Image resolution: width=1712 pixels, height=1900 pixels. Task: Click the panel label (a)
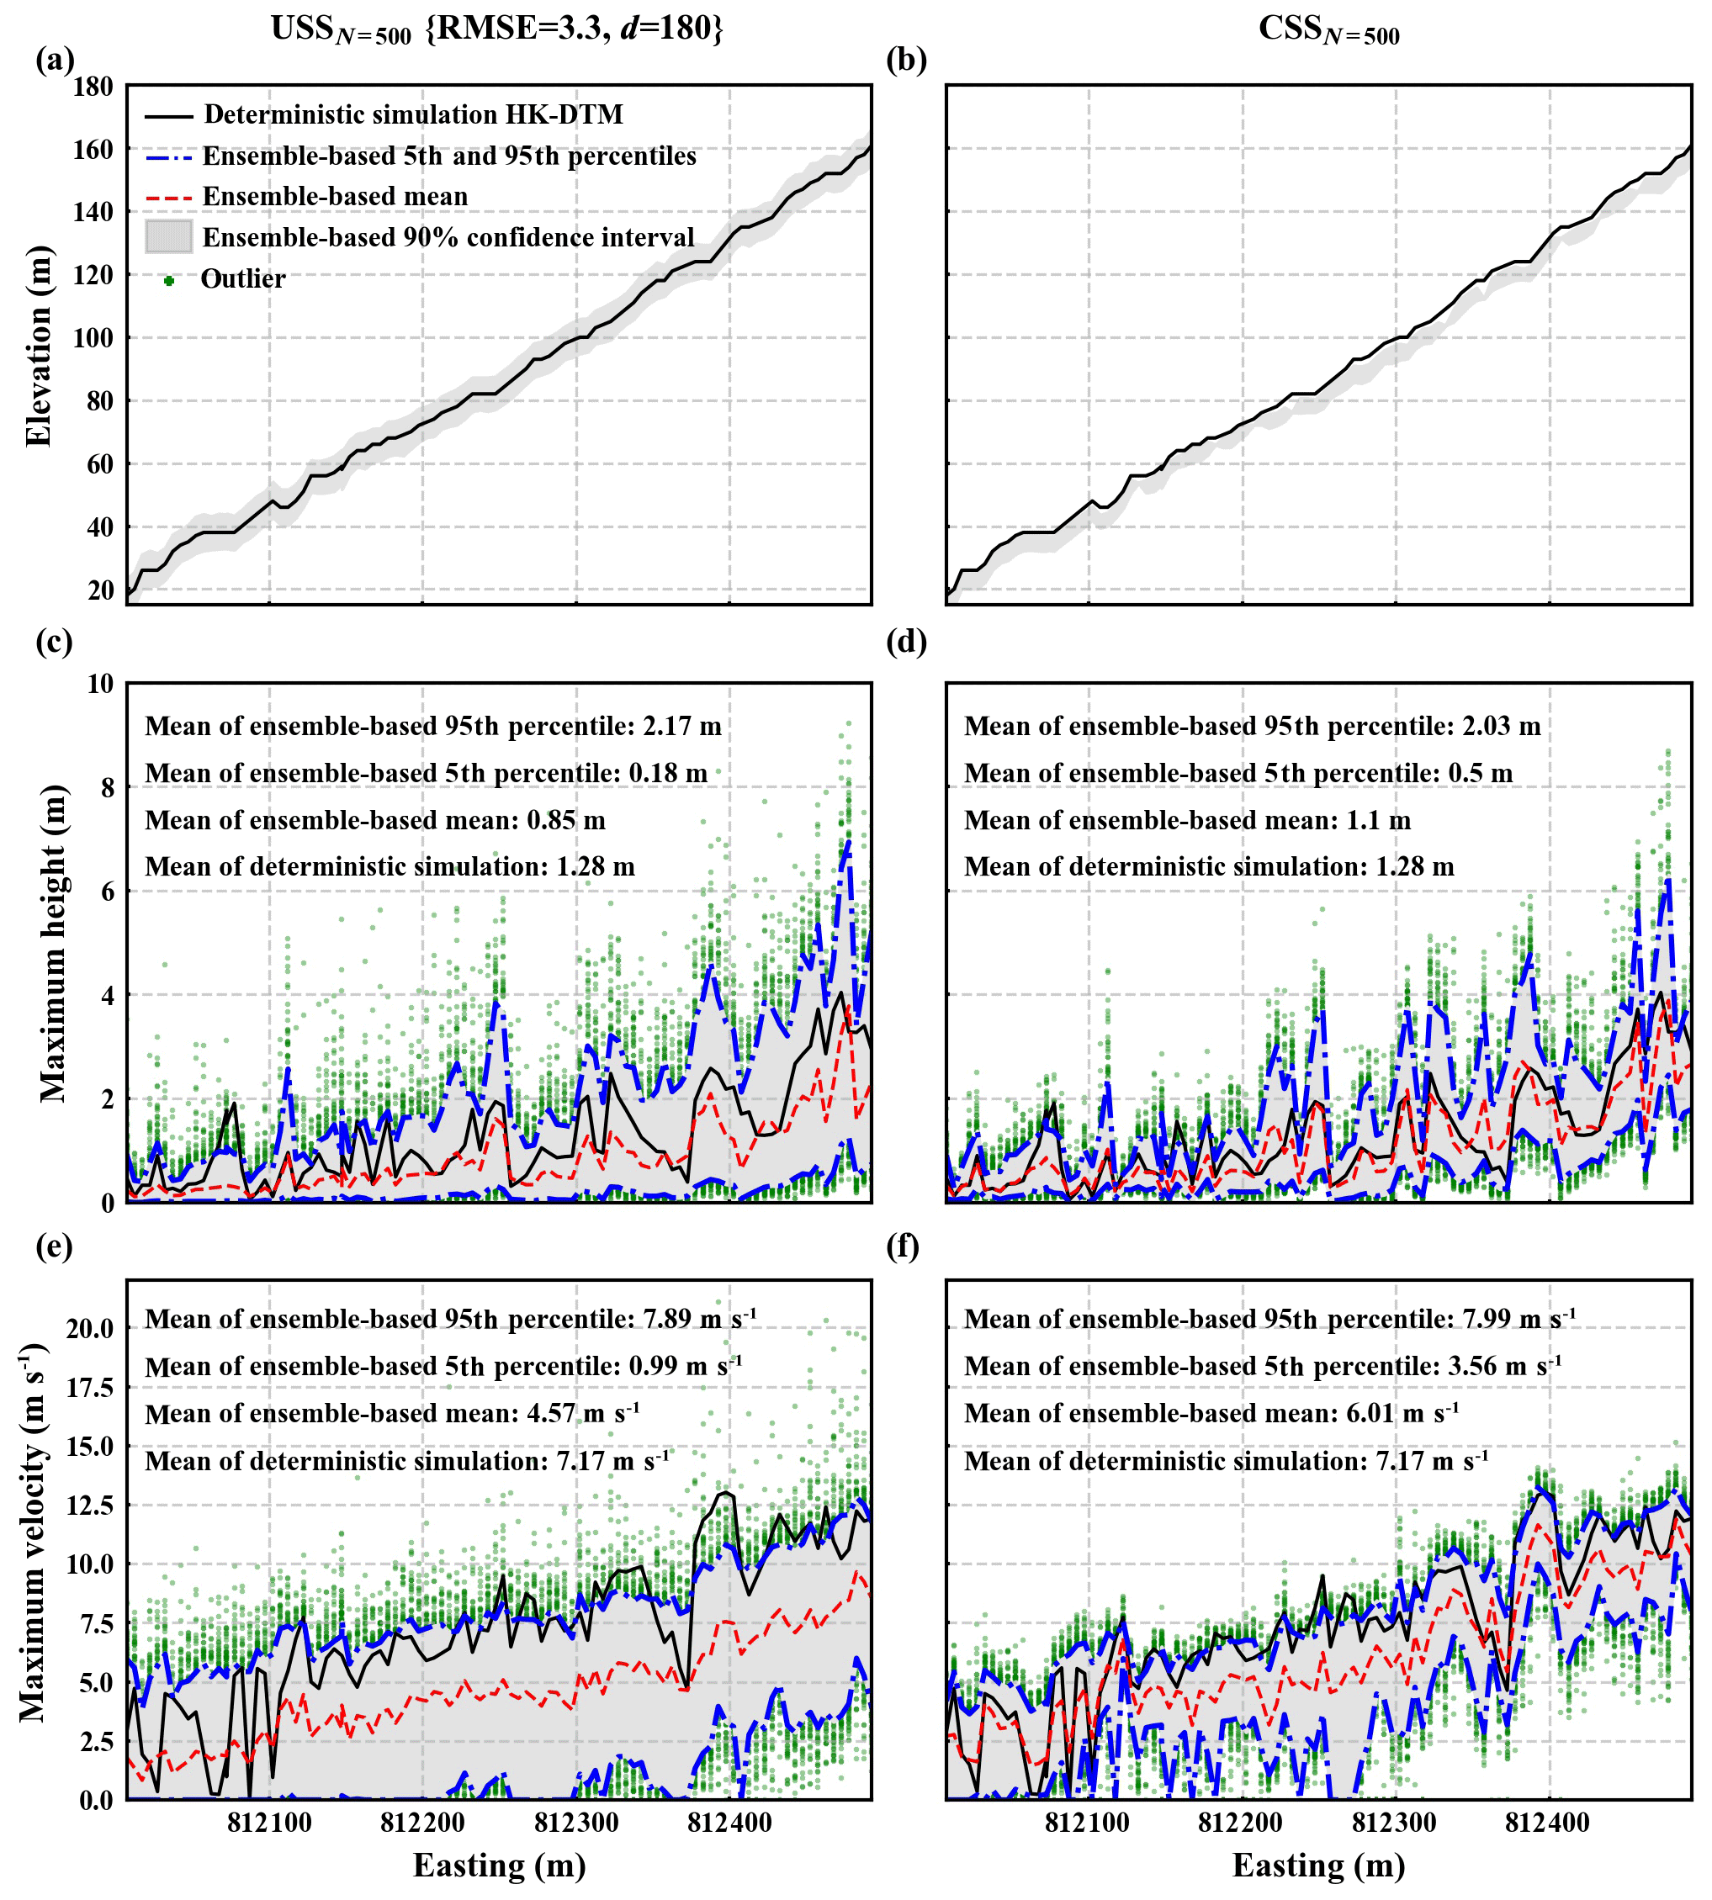pos(55,61)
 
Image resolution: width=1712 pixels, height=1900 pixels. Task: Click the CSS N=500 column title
pos(1328,30)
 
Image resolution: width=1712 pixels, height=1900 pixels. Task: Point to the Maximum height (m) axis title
pos(53,943)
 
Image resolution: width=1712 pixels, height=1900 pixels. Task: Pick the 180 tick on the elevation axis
pos(93,87)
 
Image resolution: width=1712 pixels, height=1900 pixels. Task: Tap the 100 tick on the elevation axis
pos(93,337)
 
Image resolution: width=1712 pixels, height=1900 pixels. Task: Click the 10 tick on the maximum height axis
pos(100,684)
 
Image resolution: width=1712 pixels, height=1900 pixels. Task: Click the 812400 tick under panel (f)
pos(1547,1823)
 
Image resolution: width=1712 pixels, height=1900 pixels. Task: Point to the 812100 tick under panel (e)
pos(269,1823)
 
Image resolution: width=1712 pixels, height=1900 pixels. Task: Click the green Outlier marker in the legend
pos(169,280)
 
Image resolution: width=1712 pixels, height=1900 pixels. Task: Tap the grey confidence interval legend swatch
pos(169,237)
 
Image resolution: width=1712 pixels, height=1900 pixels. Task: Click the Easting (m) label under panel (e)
pos(499,1866)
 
